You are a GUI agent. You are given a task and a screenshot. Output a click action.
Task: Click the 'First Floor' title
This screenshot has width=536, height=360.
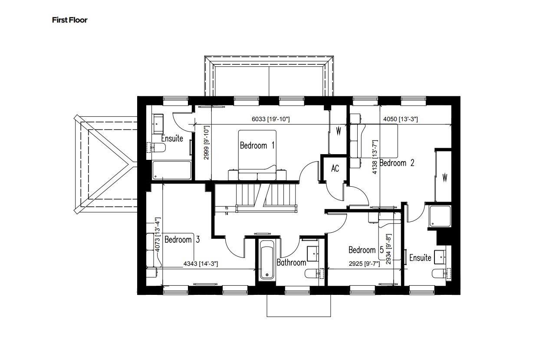69,20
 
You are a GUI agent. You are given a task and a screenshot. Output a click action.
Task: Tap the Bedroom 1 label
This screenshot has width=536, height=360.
257,145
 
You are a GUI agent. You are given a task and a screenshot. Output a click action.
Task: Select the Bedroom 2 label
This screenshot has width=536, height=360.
397,163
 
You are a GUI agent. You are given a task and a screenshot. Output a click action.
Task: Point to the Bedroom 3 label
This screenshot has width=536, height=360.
182,239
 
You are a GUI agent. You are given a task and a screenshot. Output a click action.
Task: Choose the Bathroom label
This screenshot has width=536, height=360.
291,262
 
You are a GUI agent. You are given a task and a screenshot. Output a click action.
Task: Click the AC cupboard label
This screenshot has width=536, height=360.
335,168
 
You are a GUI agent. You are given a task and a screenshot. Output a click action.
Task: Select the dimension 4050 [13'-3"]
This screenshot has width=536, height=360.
400,119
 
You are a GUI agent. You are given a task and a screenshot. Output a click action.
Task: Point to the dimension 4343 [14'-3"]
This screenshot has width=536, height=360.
201,264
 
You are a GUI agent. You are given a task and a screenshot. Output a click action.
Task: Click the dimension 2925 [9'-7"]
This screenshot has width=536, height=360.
363,264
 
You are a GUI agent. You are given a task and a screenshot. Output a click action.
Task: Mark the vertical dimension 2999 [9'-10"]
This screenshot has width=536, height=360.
207,142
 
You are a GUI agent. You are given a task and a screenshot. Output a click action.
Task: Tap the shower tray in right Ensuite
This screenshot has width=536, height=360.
441,217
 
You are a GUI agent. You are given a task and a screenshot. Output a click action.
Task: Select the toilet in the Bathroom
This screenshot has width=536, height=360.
314,274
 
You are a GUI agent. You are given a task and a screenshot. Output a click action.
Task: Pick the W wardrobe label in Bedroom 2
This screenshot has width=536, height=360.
444,177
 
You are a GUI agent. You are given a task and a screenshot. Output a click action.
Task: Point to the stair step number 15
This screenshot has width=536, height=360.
227,208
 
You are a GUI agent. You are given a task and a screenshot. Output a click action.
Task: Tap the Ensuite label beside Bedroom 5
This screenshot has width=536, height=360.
420,258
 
